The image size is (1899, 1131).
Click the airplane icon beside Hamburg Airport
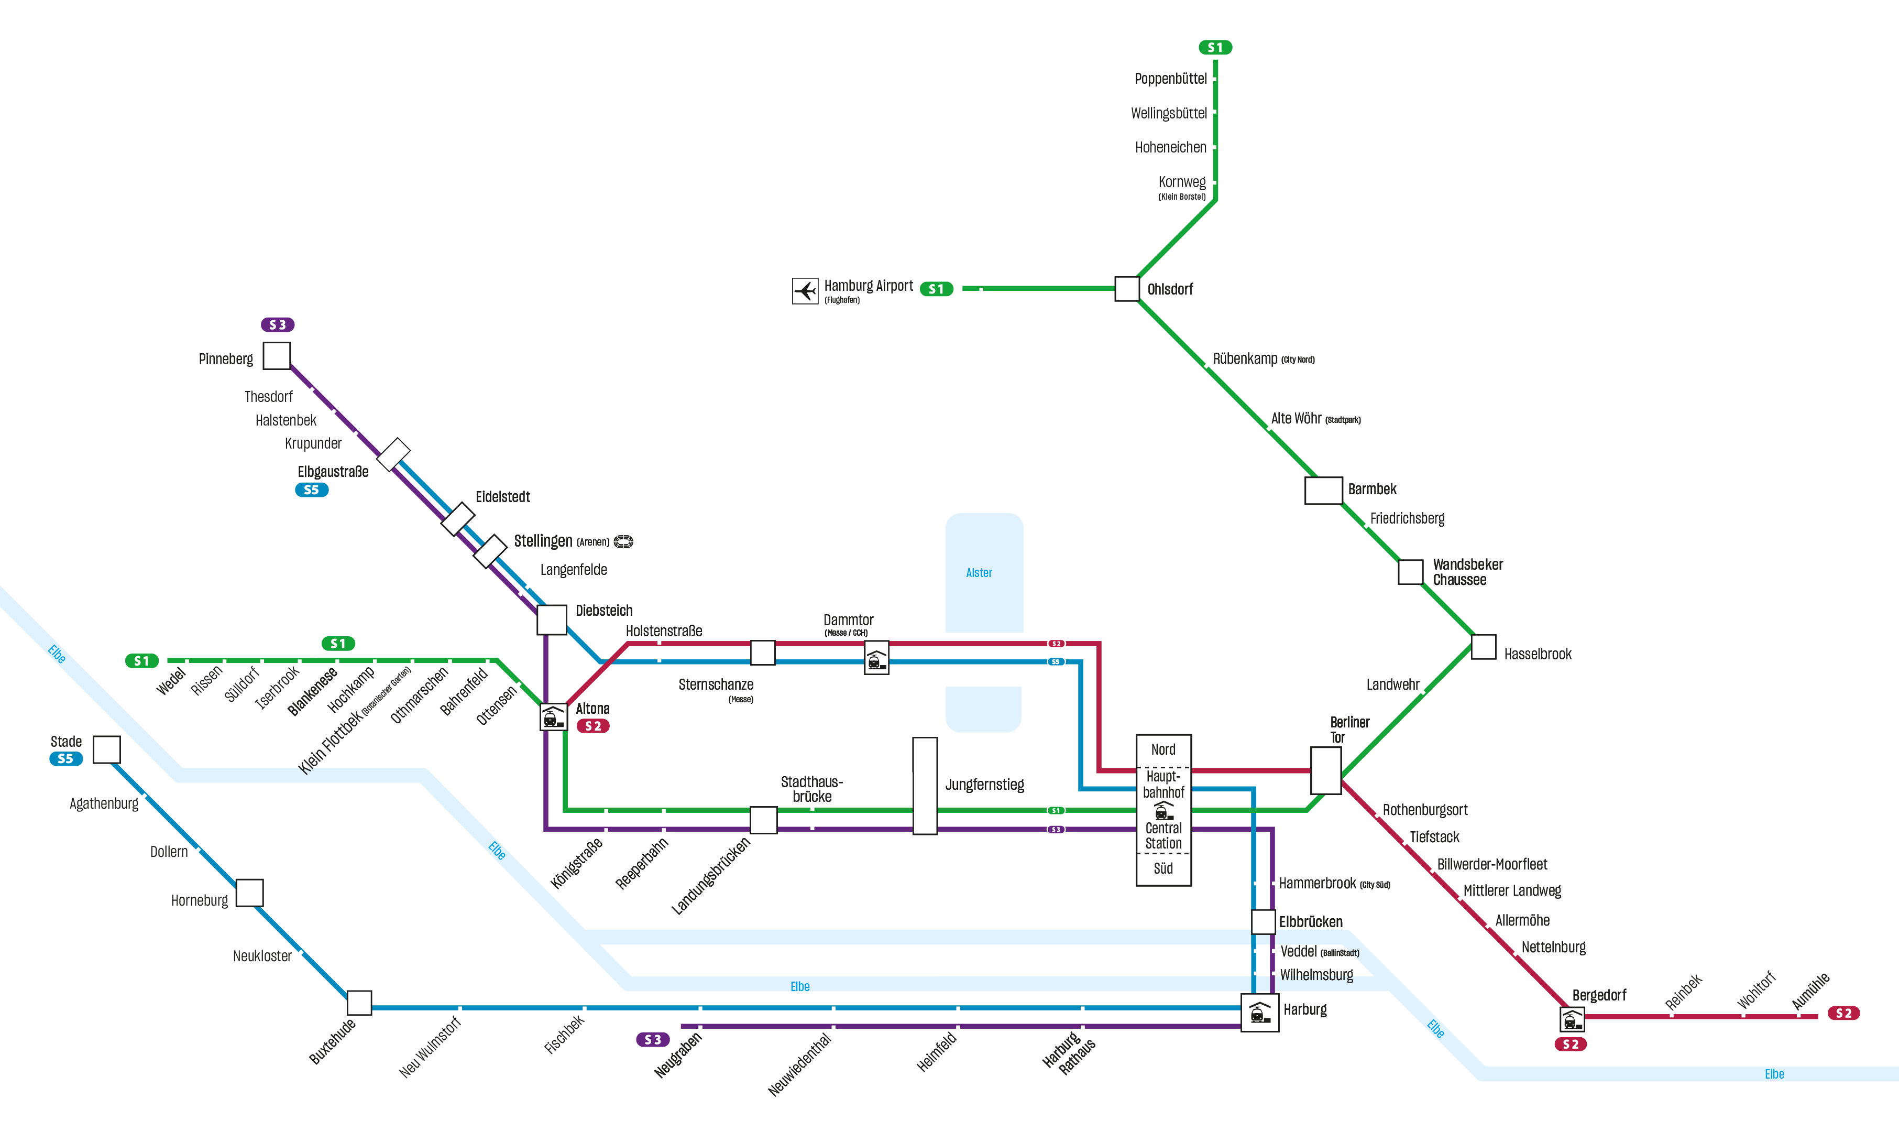pyautogui.click(x=804, y=290)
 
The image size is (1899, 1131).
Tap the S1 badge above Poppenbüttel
pyautogui.click(x=1214, y=47)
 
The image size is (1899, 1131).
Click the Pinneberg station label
pyautogui.click(x=225, y=359)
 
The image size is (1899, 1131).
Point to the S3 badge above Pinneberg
pyautogui.click(x=277, y=324)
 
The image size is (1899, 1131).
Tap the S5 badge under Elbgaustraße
pyautogui.click(x=312, y=490)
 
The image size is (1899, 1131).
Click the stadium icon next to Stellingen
pyautogui.click(x=623, y=541)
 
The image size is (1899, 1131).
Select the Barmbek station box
pyautogui.click(x=1323, y=490)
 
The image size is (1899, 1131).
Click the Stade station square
pyautogui.click(x=107, y=749)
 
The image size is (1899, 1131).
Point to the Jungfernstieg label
pyautogui.click(x=984, y=784)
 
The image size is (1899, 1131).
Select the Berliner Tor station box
pyautogui.click(x=1325, y=770)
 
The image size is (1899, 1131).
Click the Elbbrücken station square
pyautogui.click(x=1263, y=921)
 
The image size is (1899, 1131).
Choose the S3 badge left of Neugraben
pyautogui.click(x=653, y=1039)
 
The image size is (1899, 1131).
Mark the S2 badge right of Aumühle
pyautogui.click(x=1843, y=1013)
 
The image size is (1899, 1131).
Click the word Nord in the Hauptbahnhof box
pyautogui.click(x=1162, y=749)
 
